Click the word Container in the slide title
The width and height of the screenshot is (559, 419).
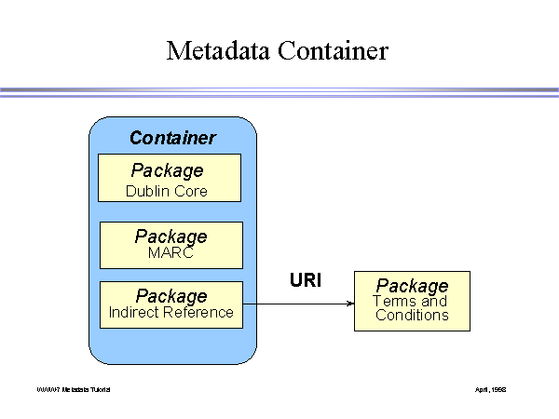coord(331,50)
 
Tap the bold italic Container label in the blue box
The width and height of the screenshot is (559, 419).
coord(172,138)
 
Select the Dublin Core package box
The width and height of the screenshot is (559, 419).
coord(170,178)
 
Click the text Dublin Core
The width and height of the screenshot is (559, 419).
coord(167,192)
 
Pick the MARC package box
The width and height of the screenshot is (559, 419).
coord(170,245)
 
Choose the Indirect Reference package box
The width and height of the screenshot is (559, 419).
coord(170,304)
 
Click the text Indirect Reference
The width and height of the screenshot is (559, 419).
coord(170,313)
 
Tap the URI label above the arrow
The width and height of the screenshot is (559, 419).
coord(306,278)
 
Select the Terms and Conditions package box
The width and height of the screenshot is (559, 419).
coord(412,301)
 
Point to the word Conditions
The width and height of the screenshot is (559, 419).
coord(412,315)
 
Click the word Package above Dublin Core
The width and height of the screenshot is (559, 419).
coord(168,170)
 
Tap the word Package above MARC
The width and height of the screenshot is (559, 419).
coord(170,237)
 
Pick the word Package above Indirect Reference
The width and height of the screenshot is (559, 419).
coord(170,296)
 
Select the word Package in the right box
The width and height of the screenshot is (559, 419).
coord(412,286)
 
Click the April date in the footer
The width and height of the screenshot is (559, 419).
coord(490,388)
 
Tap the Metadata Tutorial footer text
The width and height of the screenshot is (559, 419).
coord(74,388)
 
